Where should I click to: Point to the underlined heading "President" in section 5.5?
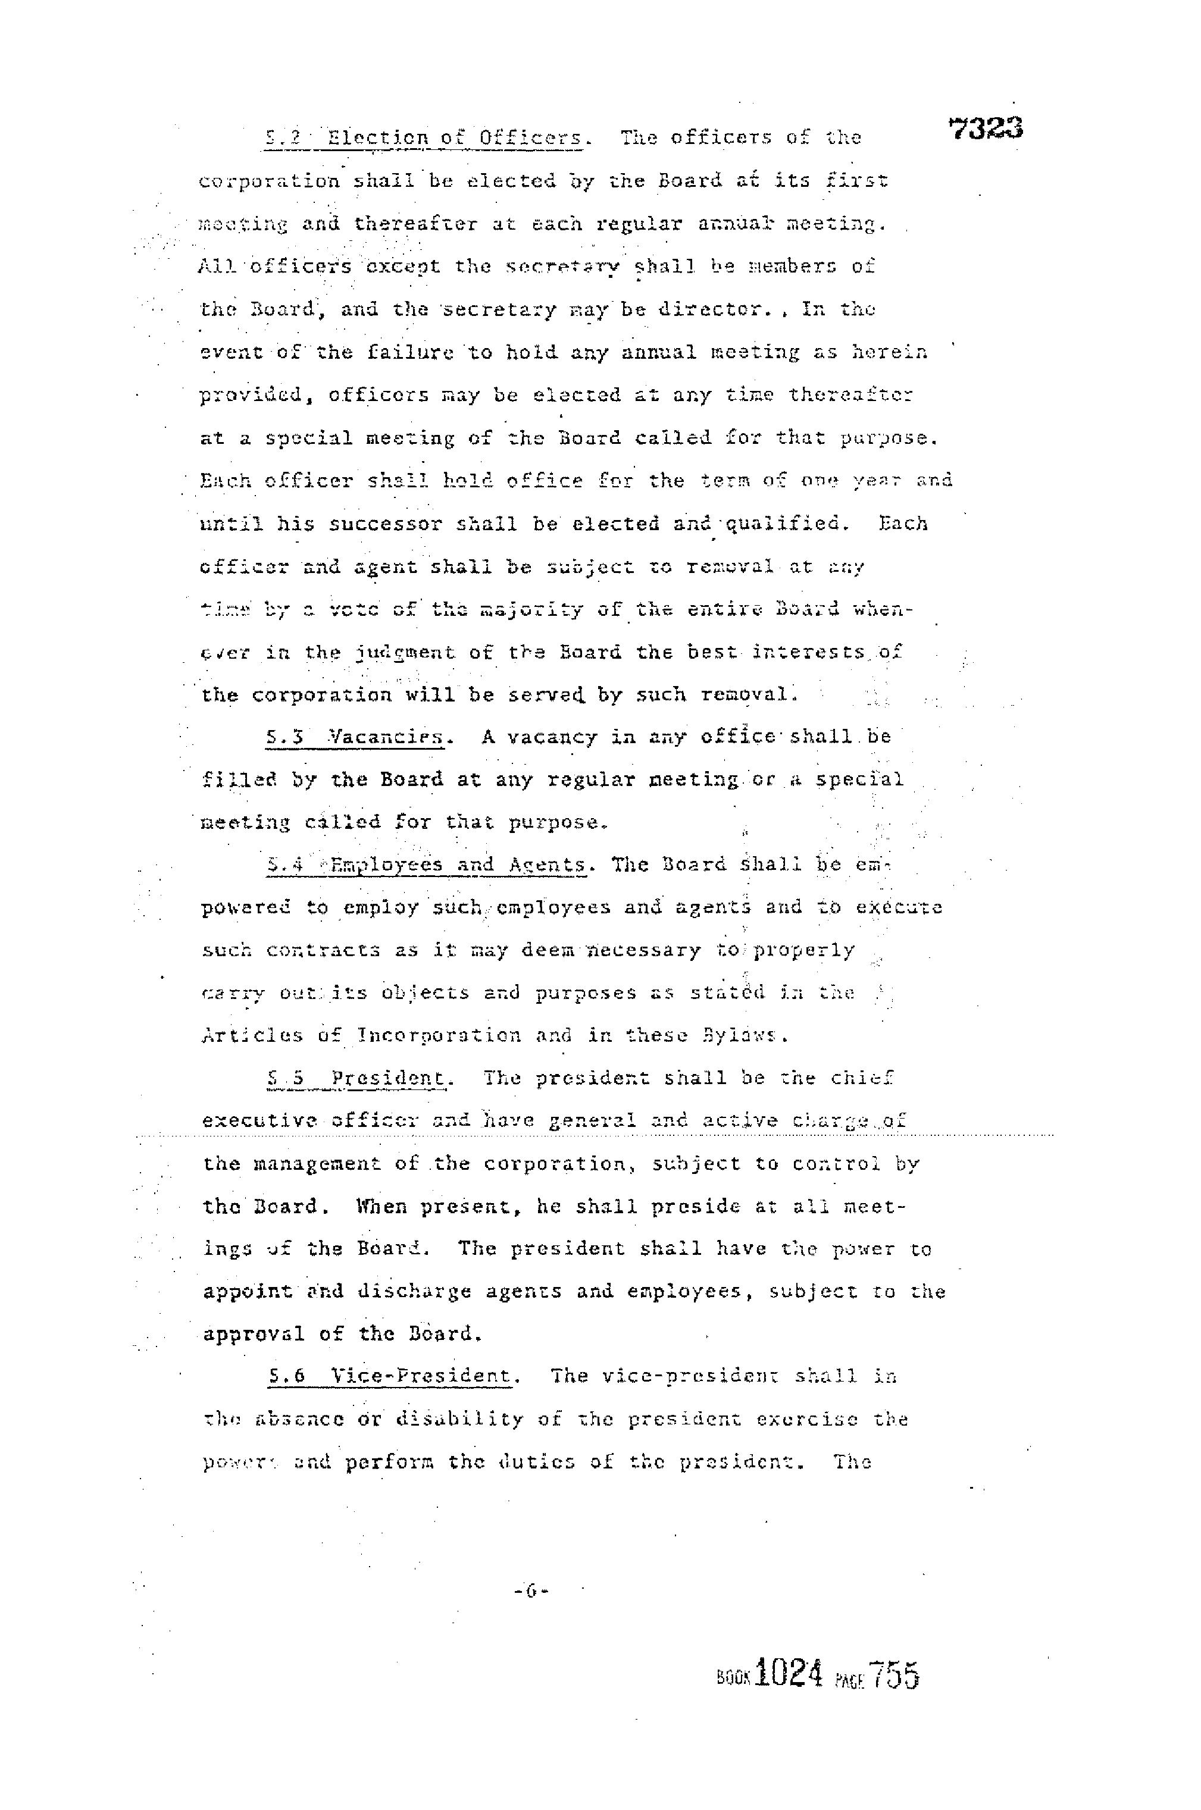(389, 1079)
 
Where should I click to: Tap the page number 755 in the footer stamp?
(893, 1674)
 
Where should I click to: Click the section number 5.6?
(286, 1376)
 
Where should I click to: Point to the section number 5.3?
(286, 738)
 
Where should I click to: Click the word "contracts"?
(323, 951)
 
